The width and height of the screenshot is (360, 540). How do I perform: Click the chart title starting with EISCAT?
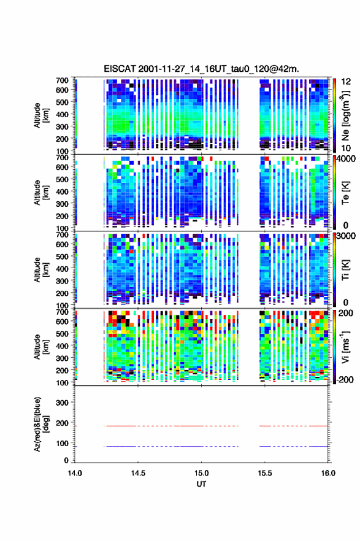[x=201, y=69]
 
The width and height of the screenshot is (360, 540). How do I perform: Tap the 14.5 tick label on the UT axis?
[x=138, y=473]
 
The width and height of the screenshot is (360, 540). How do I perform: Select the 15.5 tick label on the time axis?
[x=265, y=473]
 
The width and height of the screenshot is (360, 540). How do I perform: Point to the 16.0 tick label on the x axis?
[x=328, y=473]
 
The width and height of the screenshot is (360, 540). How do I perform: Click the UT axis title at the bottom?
[x=201, y=484]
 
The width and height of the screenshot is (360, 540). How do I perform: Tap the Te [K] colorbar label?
[x=345, y=193]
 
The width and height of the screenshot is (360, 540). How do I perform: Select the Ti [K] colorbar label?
[x=345, y=269]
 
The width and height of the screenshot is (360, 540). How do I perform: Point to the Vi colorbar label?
[x=345, y=347]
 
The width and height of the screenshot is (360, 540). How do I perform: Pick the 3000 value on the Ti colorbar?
[x=346, y=236]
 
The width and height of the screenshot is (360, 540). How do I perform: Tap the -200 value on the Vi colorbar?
[x=344, y=379]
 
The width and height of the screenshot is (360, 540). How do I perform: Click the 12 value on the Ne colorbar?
[x=347, y=82]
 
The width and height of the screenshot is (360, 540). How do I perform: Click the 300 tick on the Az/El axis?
[x=62, y=403]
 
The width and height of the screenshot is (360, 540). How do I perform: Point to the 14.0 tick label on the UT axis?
[x=75, y=473]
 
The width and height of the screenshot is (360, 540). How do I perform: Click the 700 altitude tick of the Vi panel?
[x=62, y=312]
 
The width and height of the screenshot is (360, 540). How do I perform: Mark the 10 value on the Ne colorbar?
[x=347, y=148]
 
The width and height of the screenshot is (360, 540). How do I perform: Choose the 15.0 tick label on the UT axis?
[x=201, y=473]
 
